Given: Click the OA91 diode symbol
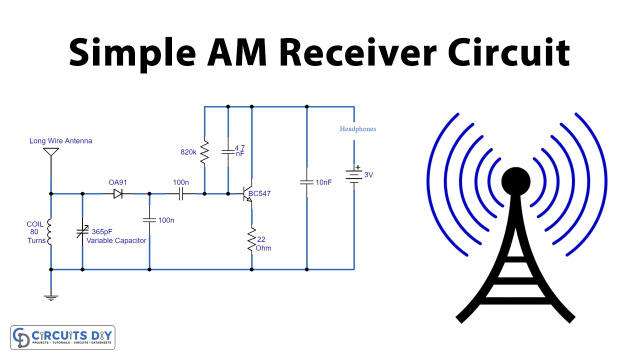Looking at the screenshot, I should [x=118, y=193].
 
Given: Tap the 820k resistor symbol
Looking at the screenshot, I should [x=204, y=152].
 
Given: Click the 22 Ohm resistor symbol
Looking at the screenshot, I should [x=251, y=240].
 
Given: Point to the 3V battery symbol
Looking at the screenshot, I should [x=354, y=175].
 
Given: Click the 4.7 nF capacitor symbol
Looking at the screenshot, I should [x=228, y=150].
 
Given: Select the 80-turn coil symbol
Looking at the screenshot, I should [x=50, y=231].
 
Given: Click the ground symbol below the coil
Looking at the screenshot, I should [x=50, y=297].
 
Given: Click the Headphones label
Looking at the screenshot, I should [x=357, y=129].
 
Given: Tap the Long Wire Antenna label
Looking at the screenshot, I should [x=60, y=141].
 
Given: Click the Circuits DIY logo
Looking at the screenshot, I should [x=62, y=337].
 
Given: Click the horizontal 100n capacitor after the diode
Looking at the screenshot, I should [x=181, y=193].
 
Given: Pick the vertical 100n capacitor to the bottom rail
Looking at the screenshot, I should [x=149, y=220].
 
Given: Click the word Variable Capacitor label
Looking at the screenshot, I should [x=116, y=240].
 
